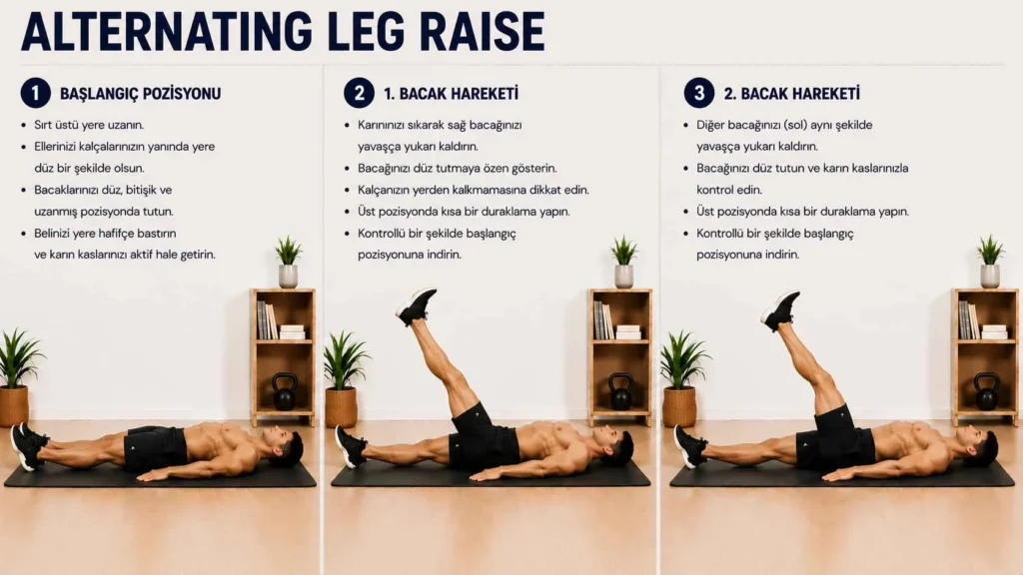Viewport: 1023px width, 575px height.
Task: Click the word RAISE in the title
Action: [x=483, y=30]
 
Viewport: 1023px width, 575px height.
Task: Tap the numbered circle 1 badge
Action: [x=35, y=93]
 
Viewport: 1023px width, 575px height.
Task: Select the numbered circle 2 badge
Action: [x=359, y=93]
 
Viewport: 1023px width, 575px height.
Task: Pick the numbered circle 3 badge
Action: [x=698, y=93]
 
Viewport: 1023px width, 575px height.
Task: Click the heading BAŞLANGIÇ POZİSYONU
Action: [x=140, y=94]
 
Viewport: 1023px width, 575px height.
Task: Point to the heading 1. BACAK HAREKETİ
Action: [x=451, y=94]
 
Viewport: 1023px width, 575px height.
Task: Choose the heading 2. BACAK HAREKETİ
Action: [x=791, y=94]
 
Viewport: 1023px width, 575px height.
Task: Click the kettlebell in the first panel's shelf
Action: [x=285, y=391]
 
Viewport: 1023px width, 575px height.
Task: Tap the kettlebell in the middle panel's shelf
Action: [x=620, y=391]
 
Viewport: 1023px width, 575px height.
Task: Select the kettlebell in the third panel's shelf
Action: [x=986, y=391]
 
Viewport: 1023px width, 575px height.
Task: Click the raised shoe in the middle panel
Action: [x=416, y=305]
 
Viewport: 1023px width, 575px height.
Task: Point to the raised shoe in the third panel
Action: [x=780, y=309]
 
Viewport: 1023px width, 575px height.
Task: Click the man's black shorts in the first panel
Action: [x=155, y=448]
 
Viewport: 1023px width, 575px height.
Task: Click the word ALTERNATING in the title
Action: [x=167, y=30]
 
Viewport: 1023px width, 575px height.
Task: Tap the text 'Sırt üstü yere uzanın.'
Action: [x=89, y=125]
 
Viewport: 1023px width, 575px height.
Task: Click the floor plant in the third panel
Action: [x=681, y=379]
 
